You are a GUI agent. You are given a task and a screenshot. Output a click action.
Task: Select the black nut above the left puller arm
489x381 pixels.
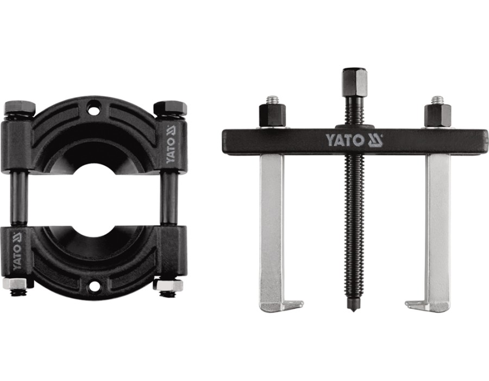click(273, 115)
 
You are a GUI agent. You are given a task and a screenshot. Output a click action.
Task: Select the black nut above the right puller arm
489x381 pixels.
click(438, 115)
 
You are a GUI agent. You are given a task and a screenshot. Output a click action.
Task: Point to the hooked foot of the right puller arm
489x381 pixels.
click(427, 306)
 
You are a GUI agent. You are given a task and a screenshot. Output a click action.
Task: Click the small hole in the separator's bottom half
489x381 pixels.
click(93, 286)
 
